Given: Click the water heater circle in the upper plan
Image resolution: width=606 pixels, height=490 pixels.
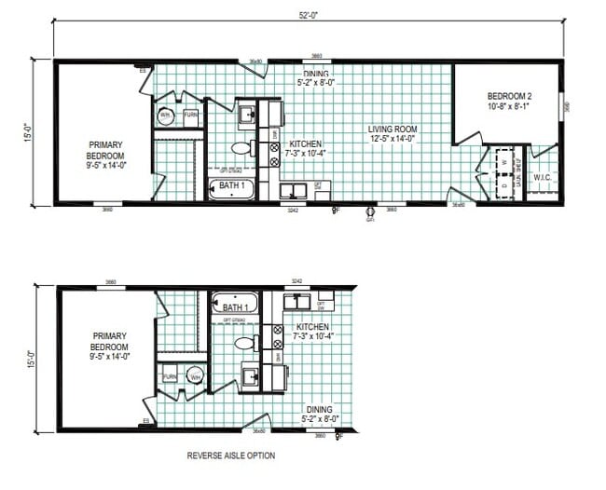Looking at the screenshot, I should pyautogui.click(x=165, y=116).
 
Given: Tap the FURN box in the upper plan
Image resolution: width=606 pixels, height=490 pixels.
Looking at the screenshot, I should pyautogui.click(x=189, y=116).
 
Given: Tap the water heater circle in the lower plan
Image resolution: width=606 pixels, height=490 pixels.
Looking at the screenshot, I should pyautogui.click(x=195, y=376).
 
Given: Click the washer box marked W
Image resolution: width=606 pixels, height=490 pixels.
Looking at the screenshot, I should pyautogui.click(x=504, y=160).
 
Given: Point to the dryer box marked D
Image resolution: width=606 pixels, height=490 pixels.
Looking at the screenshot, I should pyautogui.click(x=504, y=184).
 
